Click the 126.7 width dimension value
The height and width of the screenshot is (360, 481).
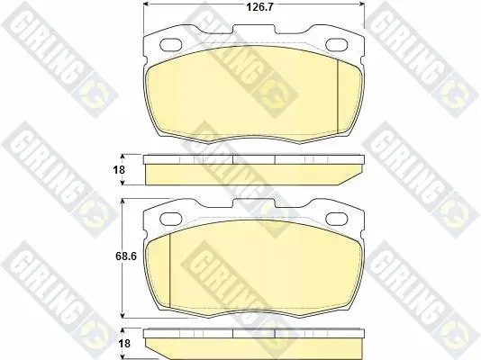(x=259, y=7)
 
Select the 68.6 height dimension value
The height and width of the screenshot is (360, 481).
(x=126, y=256)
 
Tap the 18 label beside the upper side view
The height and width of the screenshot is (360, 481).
(x=119, y=169)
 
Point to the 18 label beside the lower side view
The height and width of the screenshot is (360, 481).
(x=124, y=344)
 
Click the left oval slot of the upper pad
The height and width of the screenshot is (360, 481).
(x=171, y=45)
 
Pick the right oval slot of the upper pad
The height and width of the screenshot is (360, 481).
(x=337, y=45)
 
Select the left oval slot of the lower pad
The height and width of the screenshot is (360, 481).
(x=171, y=219)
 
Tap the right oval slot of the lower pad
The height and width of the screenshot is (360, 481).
(x=337, y=219)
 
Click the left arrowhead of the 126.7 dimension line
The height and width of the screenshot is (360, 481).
(x=146, y=4)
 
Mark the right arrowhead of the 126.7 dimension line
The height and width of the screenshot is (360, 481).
(x=362, y=4)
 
